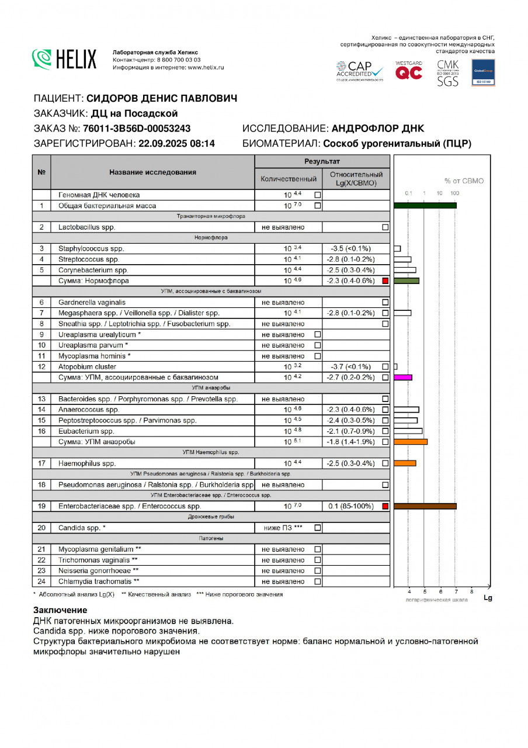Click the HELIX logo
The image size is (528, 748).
click(65, 58)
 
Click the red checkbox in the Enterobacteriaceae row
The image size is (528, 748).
click(385, 506)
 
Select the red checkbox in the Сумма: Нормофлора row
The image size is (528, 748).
click(385, 281)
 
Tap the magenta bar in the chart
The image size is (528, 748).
click(404, 378)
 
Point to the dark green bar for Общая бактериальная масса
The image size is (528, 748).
click(425, 205)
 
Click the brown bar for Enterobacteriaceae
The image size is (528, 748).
click(425, 506)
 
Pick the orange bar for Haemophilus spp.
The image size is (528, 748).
click(405, 463)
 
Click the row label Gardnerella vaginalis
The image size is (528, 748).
click(92, 302)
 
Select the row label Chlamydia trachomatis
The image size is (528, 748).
click(99, 581)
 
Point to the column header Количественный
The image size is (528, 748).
click(289, 179)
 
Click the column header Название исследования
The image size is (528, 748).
click(152, 172)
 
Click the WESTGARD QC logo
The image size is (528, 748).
click(409, 71)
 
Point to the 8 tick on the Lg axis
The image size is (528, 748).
click(472, 592)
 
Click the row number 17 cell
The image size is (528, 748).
click(41, 463)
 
